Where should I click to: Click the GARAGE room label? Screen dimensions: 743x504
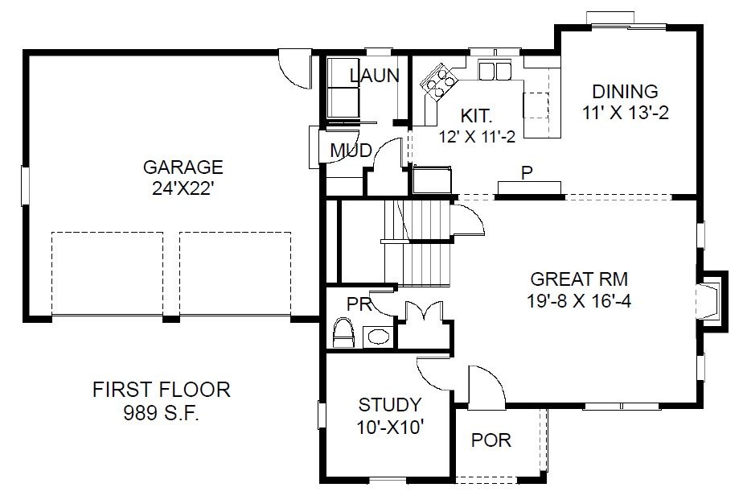(x=183, y=167)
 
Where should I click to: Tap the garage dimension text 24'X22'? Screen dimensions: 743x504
(x=183, y=189)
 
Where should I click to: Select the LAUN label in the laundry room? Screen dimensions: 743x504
(x=375, y=76)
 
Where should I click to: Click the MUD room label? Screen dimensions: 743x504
(x=351, y=151)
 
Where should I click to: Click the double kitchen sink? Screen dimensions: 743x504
(x=495, y=71)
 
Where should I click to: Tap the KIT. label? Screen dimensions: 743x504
(x=477, y=115)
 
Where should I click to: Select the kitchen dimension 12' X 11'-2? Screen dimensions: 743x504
(x=477, y=137)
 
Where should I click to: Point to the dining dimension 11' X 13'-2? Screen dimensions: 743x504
(x=626, y=113)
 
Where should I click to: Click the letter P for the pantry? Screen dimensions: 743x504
(x=527, y=173)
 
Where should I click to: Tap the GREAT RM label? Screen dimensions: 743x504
(x=579, y=279)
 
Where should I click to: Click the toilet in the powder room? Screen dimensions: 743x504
(x=344, y=333)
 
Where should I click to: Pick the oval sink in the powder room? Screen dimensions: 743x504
(x=378, y=337)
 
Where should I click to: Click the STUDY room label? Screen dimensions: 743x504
(x=390, y=405)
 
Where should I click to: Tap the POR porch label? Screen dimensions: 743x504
(x=491, y=440)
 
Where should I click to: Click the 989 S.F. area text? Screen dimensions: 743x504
(x=162, y=413)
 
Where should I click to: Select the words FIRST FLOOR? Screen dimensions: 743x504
(x=162, y=390)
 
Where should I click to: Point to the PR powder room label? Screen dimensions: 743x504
(x=359, y=304)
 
